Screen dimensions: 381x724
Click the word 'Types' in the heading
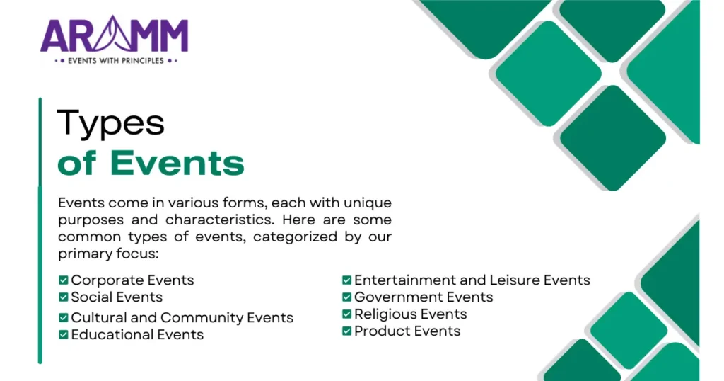coord(110,123)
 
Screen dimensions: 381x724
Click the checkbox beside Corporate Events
coord(64,280)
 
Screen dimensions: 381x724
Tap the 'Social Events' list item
coord(117,297)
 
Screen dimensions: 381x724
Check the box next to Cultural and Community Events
coord(64,318)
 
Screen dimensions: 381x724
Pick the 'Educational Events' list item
coord(137,335)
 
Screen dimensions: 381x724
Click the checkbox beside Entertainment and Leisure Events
coord(347,280)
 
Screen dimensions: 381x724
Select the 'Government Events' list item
coord(424,297)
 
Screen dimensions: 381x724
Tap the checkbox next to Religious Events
coord(347,314)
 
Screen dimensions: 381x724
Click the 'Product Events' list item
coord(407,331)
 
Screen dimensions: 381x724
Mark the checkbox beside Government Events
coord(347,297)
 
